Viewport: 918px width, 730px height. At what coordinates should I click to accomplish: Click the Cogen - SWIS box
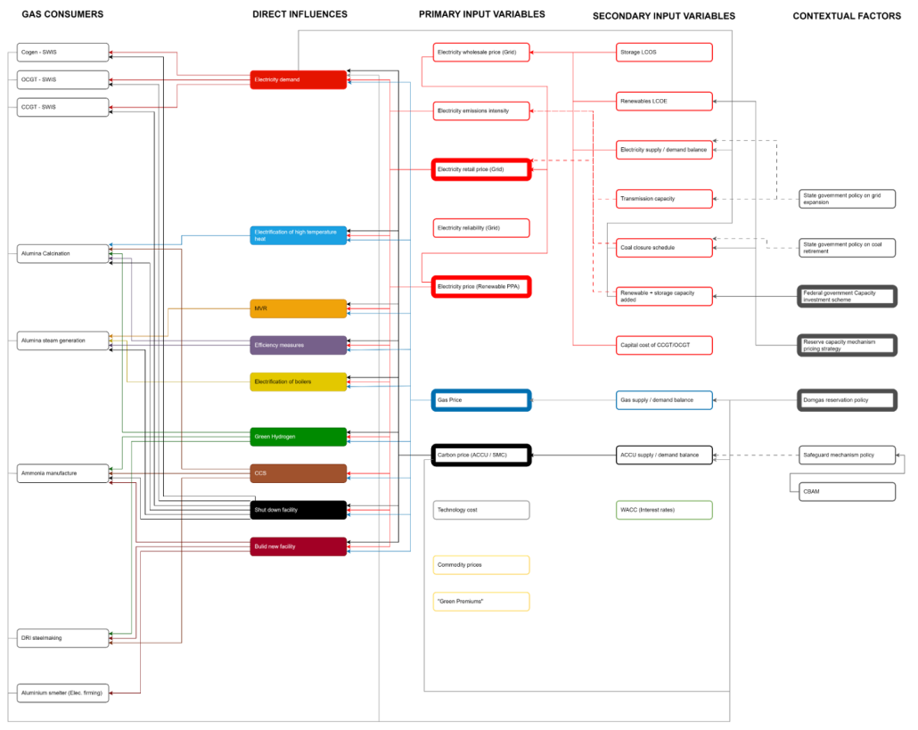tap(62, 53)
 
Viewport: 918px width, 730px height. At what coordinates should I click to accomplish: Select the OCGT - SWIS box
tap(62, 80)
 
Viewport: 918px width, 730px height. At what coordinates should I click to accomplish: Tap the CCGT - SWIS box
tap(62, 107)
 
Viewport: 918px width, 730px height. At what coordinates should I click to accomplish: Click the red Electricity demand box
tap(298, 80)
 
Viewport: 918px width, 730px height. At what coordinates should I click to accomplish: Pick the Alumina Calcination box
tap(62, 254)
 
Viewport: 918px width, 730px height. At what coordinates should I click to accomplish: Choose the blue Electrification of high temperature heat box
tap(298, 235)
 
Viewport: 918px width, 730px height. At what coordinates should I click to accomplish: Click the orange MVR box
tap(298, 308)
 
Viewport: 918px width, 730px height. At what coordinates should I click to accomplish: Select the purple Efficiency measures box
tap(298, 345)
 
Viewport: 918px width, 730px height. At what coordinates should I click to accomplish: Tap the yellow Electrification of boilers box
tap(298, 381)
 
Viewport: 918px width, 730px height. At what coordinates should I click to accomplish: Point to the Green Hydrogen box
tap(298, 437)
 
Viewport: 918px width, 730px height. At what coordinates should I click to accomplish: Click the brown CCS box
tap(298, 473)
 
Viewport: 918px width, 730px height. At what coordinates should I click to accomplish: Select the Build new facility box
tap(298, 546)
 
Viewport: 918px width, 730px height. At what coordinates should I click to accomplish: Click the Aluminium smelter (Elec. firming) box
tap(62, 693)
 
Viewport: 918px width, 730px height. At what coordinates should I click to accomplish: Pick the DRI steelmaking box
tap(62, 638)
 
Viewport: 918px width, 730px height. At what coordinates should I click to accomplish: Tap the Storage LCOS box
tap(664, 53)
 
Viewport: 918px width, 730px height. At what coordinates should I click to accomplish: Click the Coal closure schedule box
tap(664, 248)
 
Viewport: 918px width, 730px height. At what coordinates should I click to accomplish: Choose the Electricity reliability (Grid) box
tap(481, 228)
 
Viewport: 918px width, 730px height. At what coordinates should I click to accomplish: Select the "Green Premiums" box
tap(481, 602)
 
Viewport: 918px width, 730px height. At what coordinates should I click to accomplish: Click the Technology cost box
tap(481, 510)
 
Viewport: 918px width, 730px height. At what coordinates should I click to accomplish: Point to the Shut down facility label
tap(276, 510)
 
